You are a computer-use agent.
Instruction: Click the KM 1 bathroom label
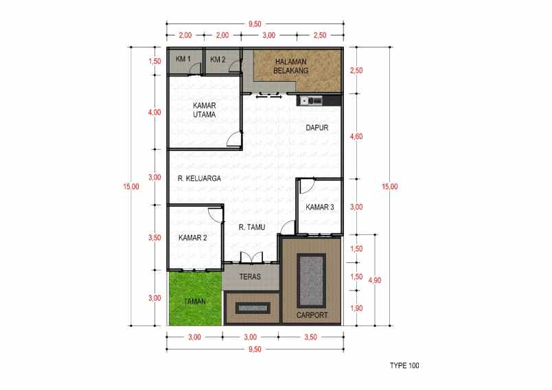(182, 60)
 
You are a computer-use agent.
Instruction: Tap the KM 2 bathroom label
(218, 60)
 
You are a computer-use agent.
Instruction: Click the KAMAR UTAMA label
(205, 110)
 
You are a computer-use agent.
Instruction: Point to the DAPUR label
(316, 128)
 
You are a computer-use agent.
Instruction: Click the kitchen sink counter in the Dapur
(310, 101)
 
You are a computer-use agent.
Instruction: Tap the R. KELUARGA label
(198, 179)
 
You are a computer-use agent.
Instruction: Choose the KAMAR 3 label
(320, 207)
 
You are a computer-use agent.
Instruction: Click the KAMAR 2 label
(192, 238)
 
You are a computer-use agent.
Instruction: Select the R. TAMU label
(252, 227)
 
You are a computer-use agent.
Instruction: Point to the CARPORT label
(312, 315)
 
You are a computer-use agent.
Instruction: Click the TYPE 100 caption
(404, 365)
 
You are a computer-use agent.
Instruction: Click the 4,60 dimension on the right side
(356, 137)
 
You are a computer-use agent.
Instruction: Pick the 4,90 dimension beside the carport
(375, 280)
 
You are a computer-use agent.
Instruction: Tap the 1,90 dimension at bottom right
(356, 308)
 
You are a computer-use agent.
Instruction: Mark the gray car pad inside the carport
(311, 281)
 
